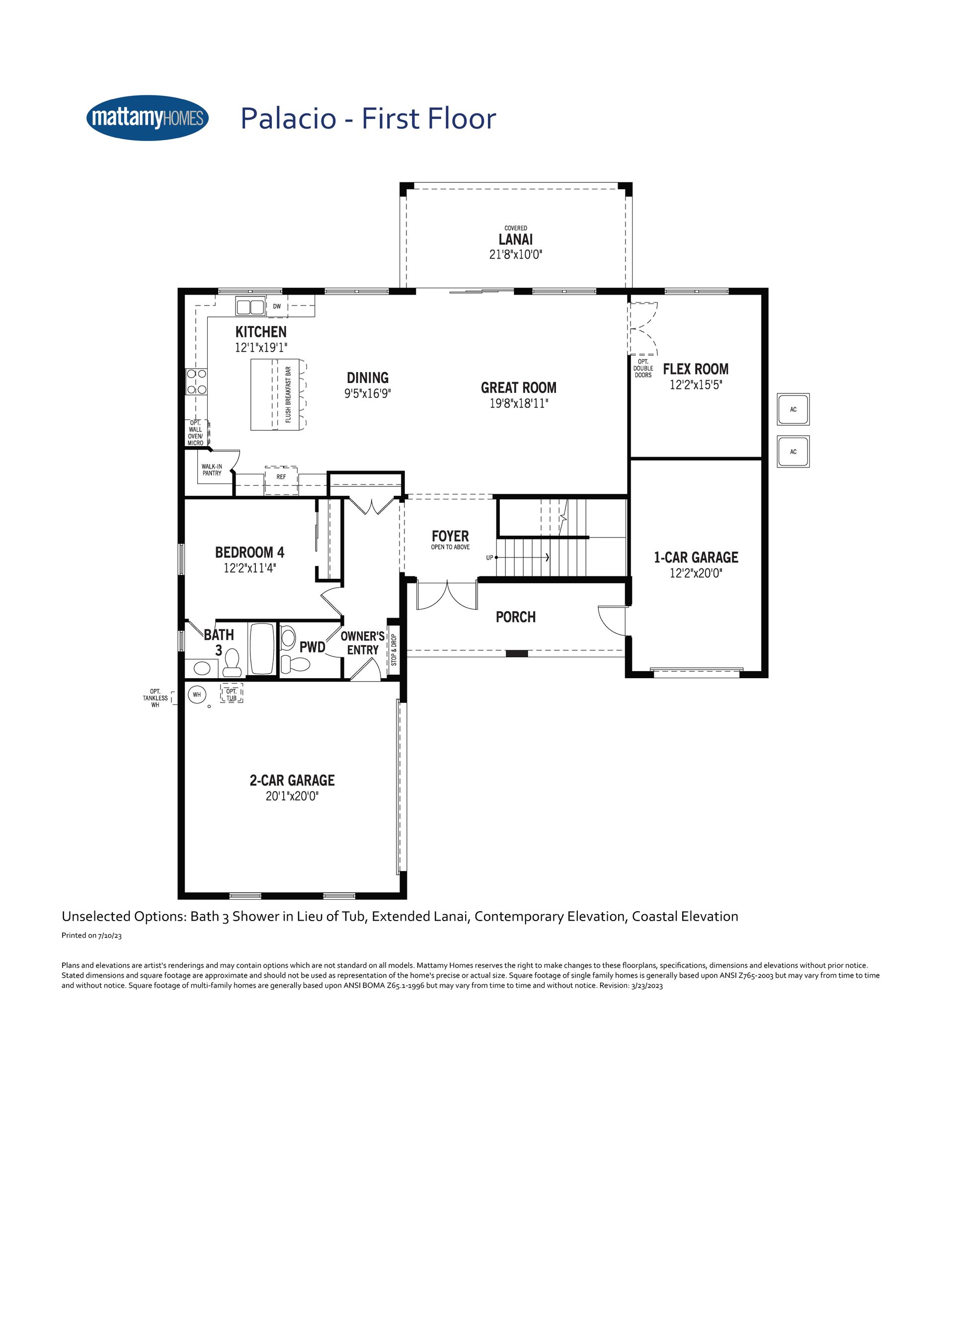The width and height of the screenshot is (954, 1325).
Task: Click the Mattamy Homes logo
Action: point(147,118)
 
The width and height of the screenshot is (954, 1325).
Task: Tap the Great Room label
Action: point(519,388)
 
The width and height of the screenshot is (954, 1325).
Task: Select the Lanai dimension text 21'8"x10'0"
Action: point(516,254)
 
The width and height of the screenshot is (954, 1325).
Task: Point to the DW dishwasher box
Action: point(277,306)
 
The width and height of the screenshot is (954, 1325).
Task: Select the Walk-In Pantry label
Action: point(212,469)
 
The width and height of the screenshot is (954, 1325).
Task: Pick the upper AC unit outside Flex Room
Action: point(793,409)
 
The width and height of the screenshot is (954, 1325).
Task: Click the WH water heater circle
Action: point(197,694)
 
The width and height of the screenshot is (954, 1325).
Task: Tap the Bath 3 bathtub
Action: point(262,649)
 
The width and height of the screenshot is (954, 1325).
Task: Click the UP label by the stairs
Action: point(489,558)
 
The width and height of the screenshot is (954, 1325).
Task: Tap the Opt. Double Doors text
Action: point(643,368)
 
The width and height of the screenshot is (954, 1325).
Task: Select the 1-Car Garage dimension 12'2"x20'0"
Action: point(696,573)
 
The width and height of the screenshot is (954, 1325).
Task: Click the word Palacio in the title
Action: point(288,119)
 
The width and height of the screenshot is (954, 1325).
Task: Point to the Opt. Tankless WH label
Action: point(156,698)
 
